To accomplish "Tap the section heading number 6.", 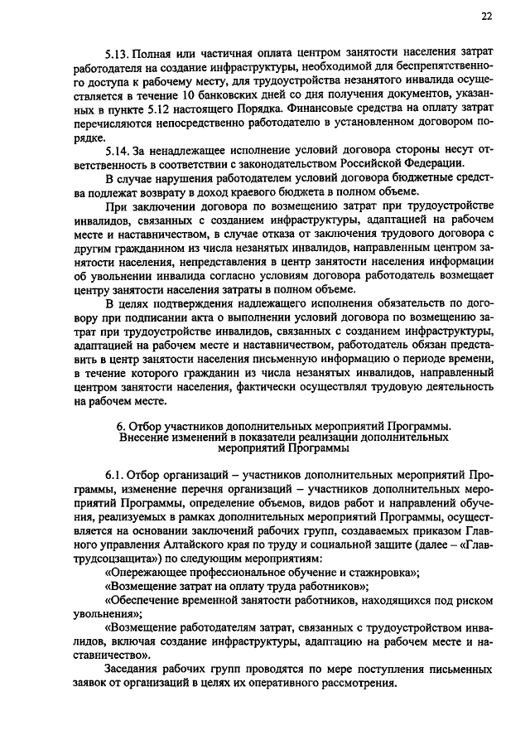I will [x=119, y=426].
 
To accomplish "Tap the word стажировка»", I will [x=383, y=573].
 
